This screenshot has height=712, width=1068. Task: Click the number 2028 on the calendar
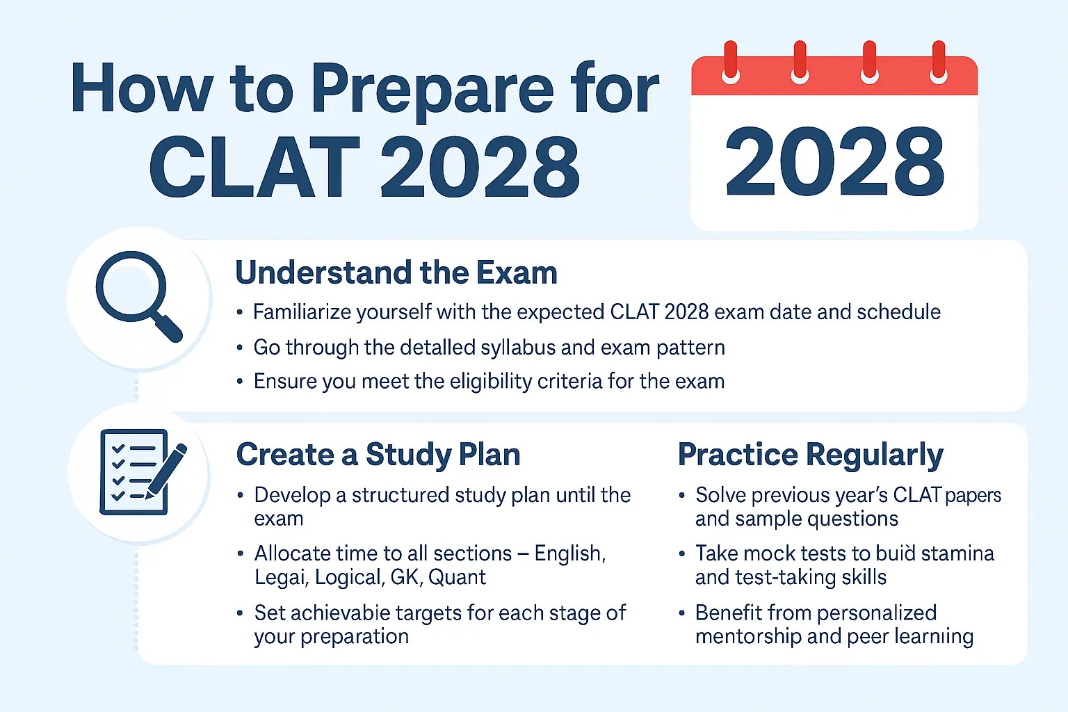[834, 162]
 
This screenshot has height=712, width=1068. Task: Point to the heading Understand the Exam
[396, 273]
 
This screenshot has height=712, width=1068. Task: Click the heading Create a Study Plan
[378, 455]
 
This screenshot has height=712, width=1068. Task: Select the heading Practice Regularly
[810, 455]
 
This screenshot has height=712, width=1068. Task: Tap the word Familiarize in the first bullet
[302, 312]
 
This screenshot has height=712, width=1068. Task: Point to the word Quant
[457, 577]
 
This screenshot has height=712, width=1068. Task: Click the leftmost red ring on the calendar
[730, 60]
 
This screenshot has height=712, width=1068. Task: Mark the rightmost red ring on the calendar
[939, 60]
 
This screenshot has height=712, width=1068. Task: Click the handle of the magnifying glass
[168, 326]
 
